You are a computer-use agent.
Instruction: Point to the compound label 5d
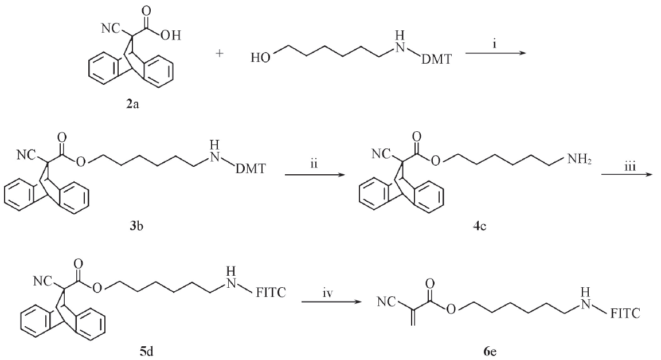click(146, 350)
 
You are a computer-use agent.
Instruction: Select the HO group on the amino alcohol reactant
click(260, 58)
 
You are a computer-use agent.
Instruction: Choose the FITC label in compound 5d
click(271, 292)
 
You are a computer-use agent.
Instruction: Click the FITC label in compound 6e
click(625, 313)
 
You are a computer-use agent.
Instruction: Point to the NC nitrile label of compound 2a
click(110, 28)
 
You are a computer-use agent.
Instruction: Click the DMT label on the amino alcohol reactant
click(436, 60)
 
